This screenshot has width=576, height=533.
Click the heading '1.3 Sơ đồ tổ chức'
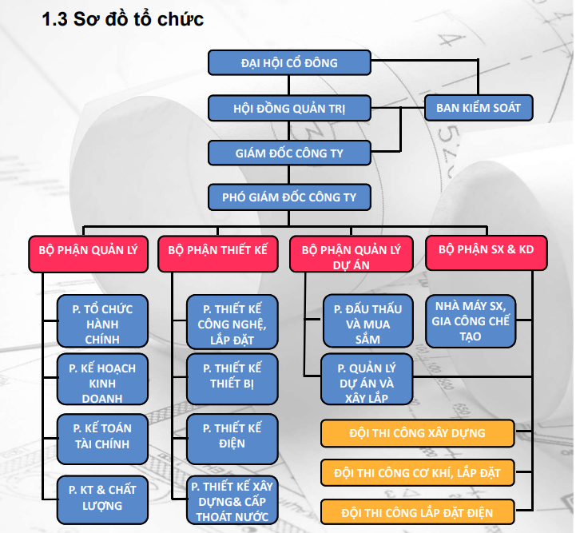coord(122,19)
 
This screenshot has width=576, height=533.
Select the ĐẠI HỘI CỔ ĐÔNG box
coord(289,62)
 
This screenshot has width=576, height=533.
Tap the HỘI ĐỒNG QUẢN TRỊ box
coord(289,108)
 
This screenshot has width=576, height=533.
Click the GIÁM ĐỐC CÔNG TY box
coord(289,153)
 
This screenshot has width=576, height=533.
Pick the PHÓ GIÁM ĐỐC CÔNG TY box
coord(289,197)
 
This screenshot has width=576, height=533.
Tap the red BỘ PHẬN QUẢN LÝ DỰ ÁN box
coord(351,256)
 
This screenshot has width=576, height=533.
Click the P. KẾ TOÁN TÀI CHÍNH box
coord(102,436)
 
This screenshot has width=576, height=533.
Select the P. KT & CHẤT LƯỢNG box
coord(102,497)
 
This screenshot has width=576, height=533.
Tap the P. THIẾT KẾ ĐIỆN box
coord(232,436)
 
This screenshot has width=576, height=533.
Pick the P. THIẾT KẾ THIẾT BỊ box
coord(232,376)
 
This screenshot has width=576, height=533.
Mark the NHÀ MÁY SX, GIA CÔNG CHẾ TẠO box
coord(471,321)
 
